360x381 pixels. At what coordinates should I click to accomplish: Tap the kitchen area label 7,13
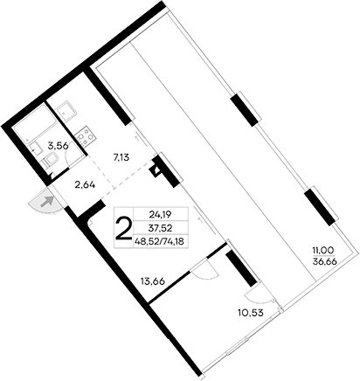[x=123, y=157]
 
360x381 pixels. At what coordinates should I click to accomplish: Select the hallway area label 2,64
[x=85, y=185]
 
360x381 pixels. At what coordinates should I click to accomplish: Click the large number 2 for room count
[x=124, y=229]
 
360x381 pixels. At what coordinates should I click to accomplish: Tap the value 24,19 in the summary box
[x=160, y=212]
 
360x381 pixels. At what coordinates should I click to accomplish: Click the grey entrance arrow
[x=48, y=203]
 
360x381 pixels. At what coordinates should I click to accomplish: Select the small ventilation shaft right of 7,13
[x=158, y=166]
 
